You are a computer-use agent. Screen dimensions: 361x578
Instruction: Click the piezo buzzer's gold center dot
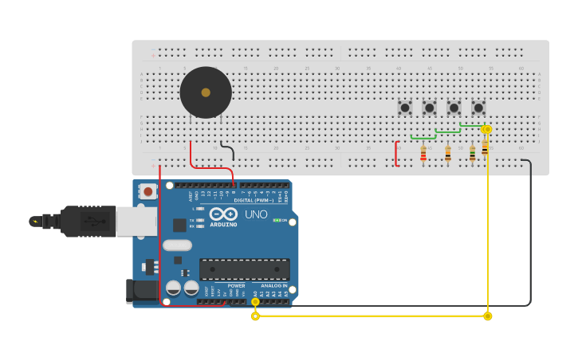206,92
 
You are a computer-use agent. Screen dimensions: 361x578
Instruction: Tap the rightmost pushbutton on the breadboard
478,107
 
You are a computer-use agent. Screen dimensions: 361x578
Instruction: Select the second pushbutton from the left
429,107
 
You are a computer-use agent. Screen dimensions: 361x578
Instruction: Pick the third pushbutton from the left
454,107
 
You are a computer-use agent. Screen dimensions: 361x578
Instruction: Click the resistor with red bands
423,153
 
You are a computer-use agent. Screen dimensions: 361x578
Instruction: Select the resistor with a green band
472,153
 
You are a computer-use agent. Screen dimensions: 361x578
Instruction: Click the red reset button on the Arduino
148,191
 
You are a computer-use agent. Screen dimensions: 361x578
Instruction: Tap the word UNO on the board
256,214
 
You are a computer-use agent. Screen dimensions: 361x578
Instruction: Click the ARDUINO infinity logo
223,214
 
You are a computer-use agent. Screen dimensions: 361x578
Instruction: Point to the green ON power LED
277,220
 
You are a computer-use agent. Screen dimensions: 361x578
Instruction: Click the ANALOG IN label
273,285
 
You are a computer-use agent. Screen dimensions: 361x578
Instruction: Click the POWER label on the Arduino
236,285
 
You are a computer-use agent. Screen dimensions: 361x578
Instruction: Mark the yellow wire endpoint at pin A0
255,301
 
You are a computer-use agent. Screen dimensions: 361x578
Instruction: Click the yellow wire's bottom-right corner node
488,316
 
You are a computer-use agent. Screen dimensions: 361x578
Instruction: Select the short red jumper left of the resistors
396,154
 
